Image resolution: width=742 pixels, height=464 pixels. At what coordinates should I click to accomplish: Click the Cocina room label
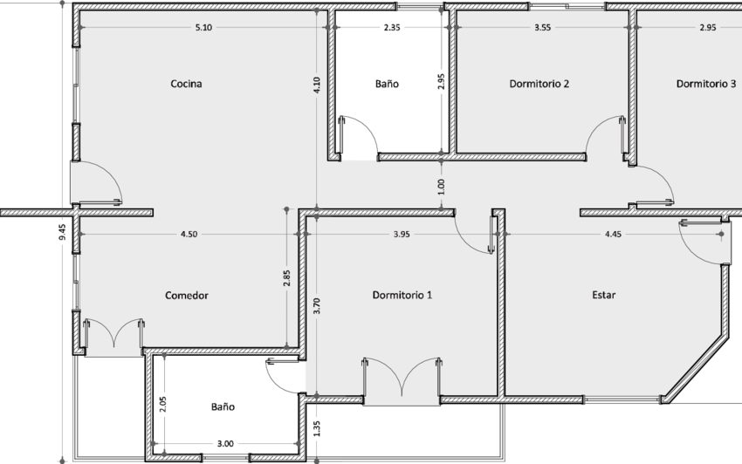(x=186, y=84)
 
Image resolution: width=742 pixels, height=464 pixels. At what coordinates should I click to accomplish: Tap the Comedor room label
(x=187, y=295)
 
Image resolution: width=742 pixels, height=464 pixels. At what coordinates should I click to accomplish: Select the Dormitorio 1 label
(x=402, y=295)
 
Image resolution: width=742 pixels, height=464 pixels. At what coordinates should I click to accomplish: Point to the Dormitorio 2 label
(x=539, y=84)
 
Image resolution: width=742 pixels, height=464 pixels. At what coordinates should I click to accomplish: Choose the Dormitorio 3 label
(x=705, y=84)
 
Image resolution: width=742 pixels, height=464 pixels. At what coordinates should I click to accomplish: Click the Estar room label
(x=604, y=295)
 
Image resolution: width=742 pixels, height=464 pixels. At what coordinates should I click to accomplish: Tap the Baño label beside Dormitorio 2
(x=387, y=84)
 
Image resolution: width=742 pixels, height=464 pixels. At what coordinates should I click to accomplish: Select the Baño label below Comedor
(x=223, y=406)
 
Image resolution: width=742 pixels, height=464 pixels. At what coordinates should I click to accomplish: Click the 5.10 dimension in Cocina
(x=203, y=27)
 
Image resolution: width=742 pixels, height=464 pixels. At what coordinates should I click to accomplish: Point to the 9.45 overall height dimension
(x=63, y=232)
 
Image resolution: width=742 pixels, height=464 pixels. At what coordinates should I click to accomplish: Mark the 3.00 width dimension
(x=225, y=444)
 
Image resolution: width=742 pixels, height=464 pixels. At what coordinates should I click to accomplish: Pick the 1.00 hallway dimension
(x=441, y=187)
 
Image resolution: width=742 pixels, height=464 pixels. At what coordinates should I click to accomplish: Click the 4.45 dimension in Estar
(x=613, y=234)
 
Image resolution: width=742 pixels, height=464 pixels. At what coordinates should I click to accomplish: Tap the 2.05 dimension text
(x=162, y=405)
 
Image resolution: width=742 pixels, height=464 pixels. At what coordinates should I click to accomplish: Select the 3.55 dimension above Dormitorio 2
(x=542, y=27)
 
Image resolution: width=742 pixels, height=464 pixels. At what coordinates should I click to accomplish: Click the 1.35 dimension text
(x=317, y=428)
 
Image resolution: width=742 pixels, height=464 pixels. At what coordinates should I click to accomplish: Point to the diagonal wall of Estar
(x=695, y=370)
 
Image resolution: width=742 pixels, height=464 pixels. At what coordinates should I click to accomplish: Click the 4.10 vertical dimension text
(x=317, y=85)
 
